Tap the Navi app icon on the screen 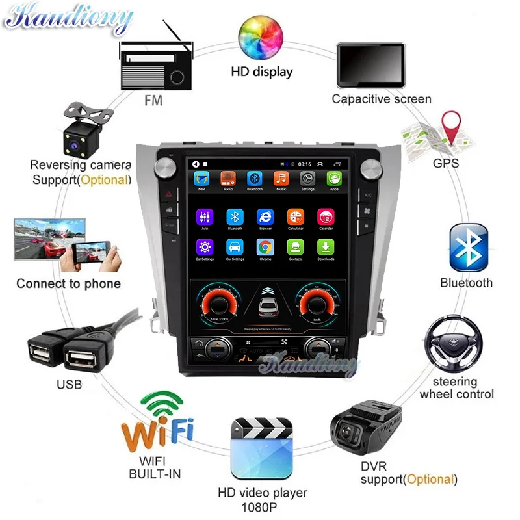(x=202, y=179)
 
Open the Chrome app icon (x=265, y=247)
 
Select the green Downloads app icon (x=325, y=247)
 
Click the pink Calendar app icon (x=325, y=217)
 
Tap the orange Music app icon (x=281, y=179)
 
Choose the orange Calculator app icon (x=295, y=217)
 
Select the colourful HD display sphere (x=262, y=37)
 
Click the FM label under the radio (x=154, y=101)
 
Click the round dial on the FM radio (x=177, y=77)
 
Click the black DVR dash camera (x=365, y=430)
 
